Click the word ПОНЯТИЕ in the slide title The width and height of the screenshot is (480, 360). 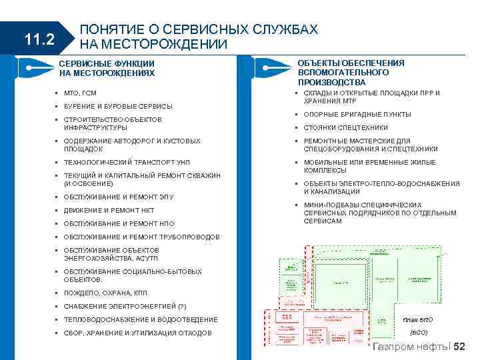pyautogui.click(x=106, y=30)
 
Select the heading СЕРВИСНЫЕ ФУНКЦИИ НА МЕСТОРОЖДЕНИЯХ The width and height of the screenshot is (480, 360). pyautogui.click(x=107, y=68)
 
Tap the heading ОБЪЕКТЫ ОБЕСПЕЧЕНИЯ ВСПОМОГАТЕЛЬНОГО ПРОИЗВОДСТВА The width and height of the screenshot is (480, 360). pyautogui.click(x=351, y=72)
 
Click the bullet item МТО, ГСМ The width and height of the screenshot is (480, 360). pyautogui.click(x=80, y=93)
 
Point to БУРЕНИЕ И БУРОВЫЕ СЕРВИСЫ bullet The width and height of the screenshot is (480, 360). pyautogui.click(x=118, y=106)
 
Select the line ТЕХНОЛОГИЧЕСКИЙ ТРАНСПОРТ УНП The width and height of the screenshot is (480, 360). pyautogui.click(x=127, y=162)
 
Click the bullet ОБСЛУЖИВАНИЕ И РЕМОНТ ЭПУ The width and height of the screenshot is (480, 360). pyautogui.click(x=119, y=197)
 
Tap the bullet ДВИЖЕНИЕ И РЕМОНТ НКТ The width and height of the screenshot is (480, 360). pyautogui.click(x=109, y=210)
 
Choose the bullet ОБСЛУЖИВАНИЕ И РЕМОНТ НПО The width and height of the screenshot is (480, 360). pyautogui.click(x=119, y=223)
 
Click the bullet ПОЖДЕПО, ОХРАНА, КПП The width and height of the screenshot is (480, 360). pyautogui.click(x=105, y=293)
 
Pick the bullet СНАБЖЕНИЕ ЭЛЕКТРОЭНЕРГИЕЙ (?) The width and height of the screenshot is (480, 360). pyautogui.click(x=125, y=306)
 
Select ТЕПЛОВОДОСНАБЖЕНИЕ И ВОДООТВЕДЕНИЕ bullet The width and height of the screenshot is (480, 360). pyautogui.click(x=141, y=319)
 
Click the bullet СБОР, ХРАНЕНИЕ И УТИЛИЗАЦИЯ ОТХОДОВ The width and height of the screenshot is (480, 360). pyautogui.click(x=137, y=333)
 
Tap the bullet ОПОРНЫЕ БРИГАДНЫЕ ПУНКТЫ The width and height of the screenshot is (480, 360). pyautogui.click(x=357, y=114)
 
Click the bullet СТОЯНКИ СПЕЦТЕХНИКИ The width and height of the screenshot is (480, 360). pyautogui.click(x=345, y=127)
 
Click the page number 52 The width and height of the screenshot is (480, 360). pyautogui.click(x=460, y=347)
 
